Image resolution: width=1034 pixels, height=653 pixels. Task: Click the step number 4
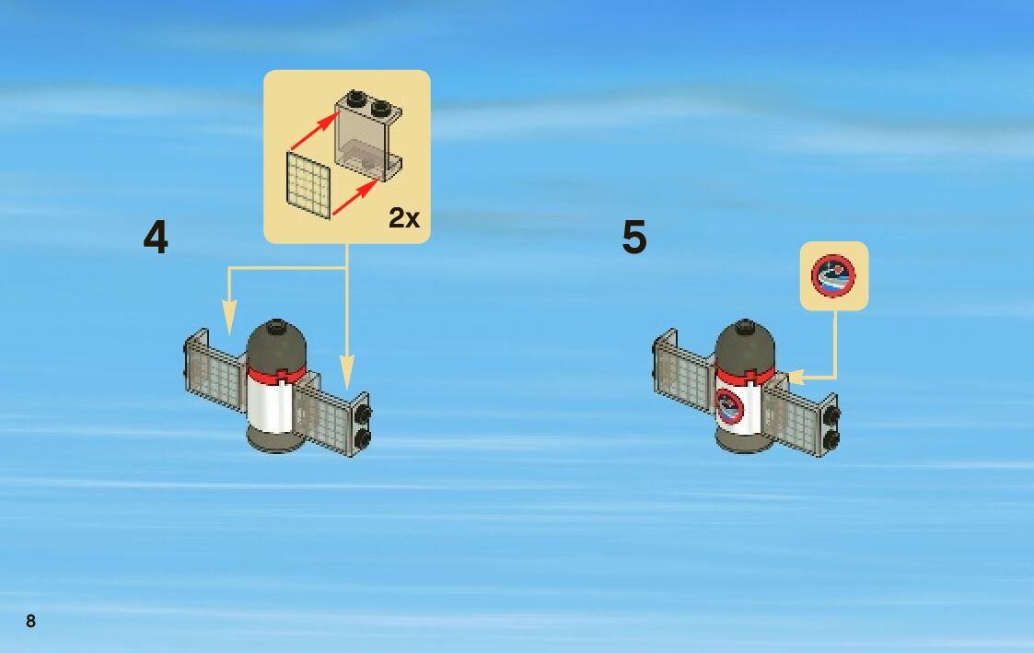[156, 238]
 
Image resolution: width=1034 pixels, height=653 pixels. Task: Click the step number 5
[634, 238]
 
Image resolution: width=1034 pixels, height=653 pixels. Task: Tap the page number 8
[30, 621]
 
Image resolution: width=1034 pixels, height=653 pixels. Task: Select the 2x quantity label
[403, 218]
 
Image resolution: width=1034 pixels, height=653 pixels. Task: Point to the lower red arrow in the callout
[354, 198]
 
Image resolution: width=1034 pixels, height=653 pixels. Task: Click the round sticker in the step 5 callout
[833, 275]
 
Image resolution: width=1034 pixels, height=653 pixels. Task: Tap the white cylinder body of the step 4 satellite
[272, 405]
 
